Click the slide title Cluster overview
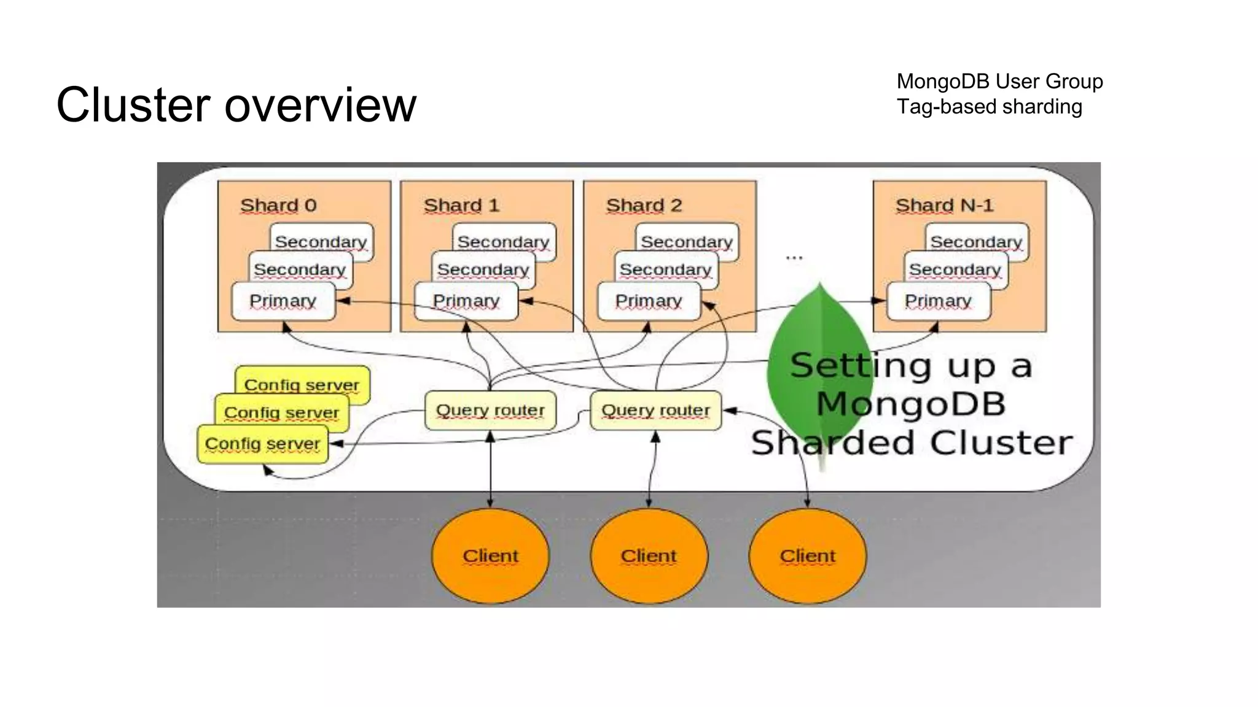click(x=236, y=104)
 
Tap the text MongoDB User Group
click(x=999, y=81)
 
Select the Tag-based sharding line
click(x=989, y=107)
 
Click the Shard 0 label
click(x=278, y=205)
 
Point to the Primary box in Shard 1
click(x=466, y=301)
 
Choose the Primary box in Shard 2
click(x=649, y=301)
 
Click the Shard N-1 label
click(x=944, y=205)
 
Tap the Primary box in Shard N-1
click(x=938, y=301)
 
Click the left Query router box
click(x=490, y=410)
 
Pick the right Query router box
click(x=655, y=410)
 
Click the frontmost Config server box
click(x=262, y=444)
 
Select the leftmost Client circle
click(x=490, y=555)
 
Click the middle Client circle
click(x=649, y=555)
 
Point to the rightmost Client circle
click(x=807, y=555)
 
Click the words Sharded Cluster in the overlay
click(x=912, y=443)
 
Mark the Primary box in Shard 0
click(x=283, y=301)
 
